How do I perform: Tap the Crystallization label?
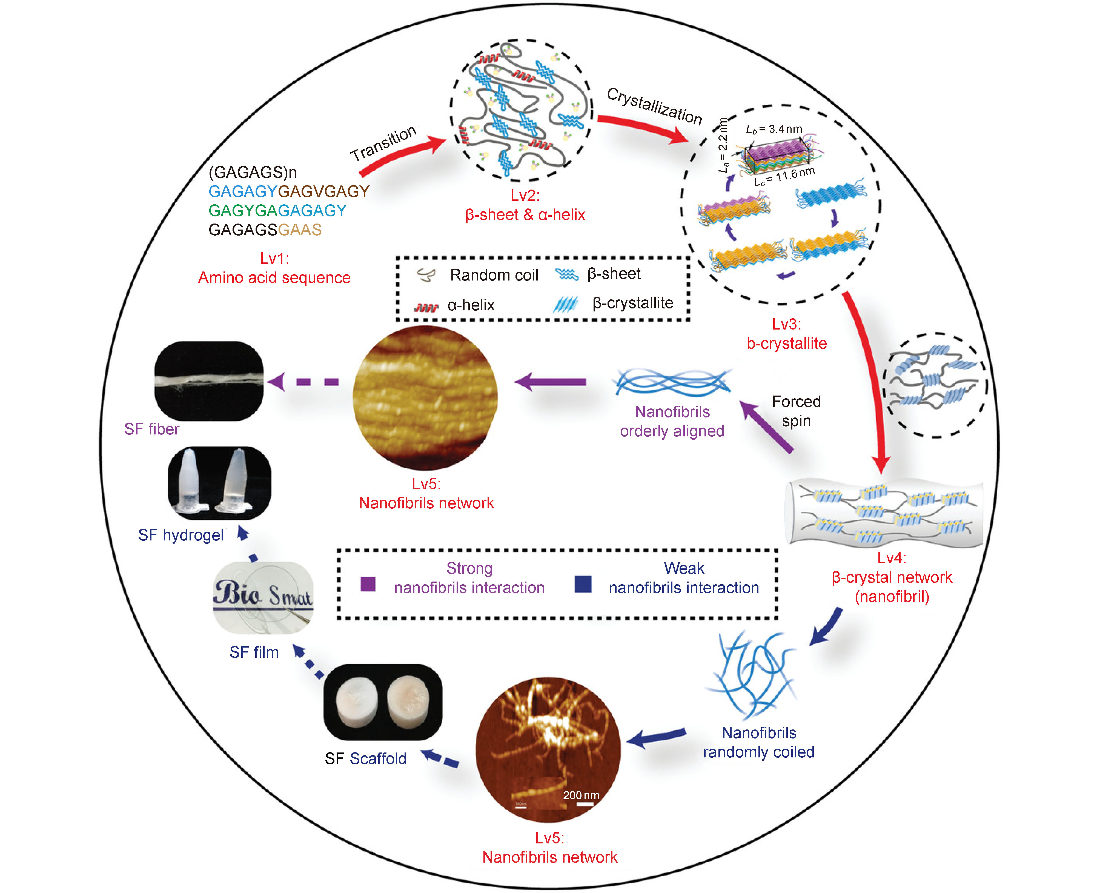point(654,105)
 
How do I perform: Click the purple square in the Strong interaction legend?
point(368,584)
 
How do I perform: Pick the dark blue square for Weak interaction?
point(583,584)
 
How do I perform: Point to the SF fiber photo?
point(209,381)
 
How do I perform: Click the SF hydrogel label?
point(181,535)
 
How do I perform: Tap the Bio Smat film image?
point(263,597)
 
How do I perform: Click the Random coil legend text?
point(494,275)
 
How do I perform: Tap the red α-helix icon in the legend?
point(426,307)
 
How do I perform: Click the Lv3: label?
point(786,324)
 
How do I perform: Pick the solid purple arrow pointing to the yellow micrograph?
point(550,382)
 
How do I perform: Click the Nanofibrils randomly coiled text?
point(758,742)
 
